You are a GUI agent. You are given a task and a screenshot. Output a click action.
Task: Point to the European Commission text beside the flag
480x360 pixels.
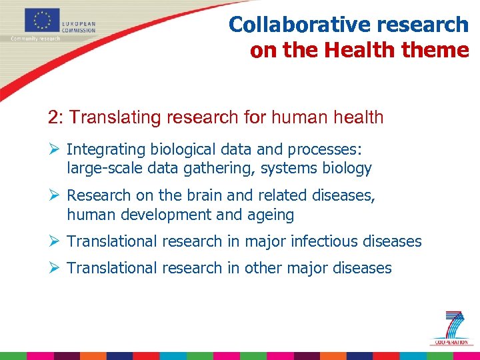coord(79,26)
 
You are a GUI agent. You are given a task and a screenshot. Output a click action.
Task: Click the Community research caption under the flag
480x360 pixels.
coord(35,39)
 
